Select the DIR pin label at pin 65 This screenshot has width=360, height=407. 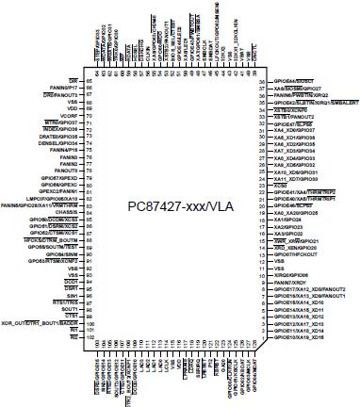[72, 81]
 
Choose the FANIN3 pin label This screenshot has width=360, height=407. [66, 156]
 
